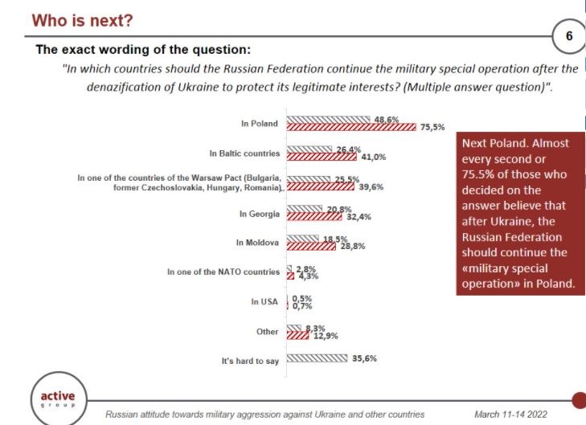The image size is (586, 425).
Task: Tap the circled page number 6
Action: (569, 36)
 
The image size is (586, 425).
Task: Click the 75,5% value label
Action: (432, 127)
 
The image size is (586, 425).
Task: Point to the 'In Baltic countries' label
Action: (244, 153)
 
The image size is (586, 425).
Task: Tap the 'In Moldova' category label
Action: (257, 242)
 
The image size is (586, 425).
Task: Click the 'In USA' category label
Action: (264, 301)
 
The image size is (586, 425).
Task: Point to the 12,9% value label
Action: (324, 334)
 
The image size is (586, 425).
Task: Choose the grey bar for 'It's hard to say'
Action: (316, 358)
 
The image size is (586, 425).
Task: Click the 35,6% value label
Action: (364, 358)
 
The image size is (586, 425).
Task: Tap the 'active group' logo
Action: (58, 398)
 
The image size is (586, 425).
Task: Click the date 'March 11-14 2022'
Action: (510, 414)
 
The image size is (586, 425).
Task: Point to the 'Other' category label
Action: (268, 331)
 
